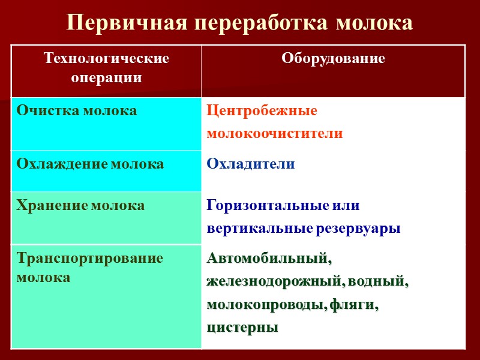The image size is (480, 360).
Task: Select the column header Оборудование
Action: [x=333, y=59]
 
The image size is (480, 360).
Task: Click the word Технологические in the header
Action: [x=107, y=59]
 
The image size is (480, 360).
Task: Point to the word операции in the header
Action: [x=107, y=77]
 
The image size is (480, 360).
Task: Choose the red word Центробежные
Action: [x=262, y=111]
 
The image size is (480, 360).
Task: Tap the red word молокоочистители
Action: [x=275, y=133]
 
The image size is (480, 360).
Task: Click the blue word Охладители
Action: [x=251, y=164]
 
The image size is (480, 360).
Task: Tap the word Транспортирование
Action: [x=90, y=259]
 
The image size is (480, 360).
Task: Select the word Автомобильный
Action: [x=269, y=259]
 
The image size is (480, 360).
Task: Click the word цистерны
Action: [x=242, y=328]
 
